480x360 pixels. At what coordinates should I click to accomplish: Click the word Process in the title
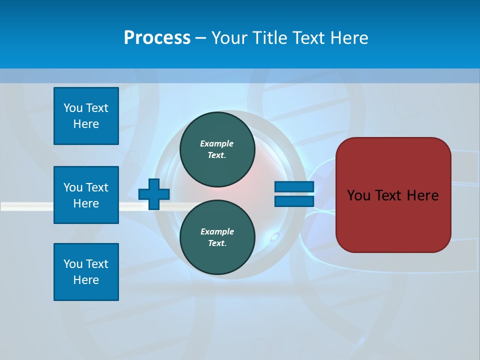click(x=157, y=38)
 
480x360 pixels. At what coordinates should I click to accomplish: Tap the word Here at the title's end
click(x=348, y=38)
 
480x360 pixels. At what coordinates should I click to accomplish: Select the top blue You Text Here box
click(x=86, y=116)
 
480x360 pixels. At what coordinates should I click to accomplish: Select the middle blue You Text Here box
click(x=86, y=195)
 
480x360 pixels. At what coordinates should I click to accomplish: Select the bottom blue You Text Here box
click(x=86, y=272)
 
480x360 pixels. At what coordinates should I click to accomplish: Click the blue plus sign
click(x=154, y=194)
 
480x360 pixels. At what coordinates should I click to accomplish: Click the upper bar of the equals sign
click(x=294, y=187)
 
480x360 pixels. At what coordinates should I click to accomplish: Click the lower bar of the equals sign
click(x=294, y=201)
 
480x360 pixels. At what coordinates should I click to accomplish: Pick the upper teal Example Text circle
click(x=217, y=149)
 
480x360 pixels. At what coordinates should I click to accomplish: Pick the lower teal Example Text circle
click(x=217, y=237)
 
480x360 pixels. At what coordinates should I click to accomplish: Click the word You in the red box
click(x=358, y=195)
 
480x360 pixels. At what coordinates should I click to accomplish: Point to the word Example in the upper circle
click(x=217, y=143)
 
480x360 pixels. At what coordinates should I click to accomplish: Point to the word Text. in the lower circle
click(x=217, y=243)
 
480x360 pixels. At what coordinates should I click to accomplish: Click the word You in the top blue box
click(x=73, y=108)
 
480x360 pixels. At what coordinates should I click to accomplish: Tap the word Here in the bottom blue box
click(x=86, y=280)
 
